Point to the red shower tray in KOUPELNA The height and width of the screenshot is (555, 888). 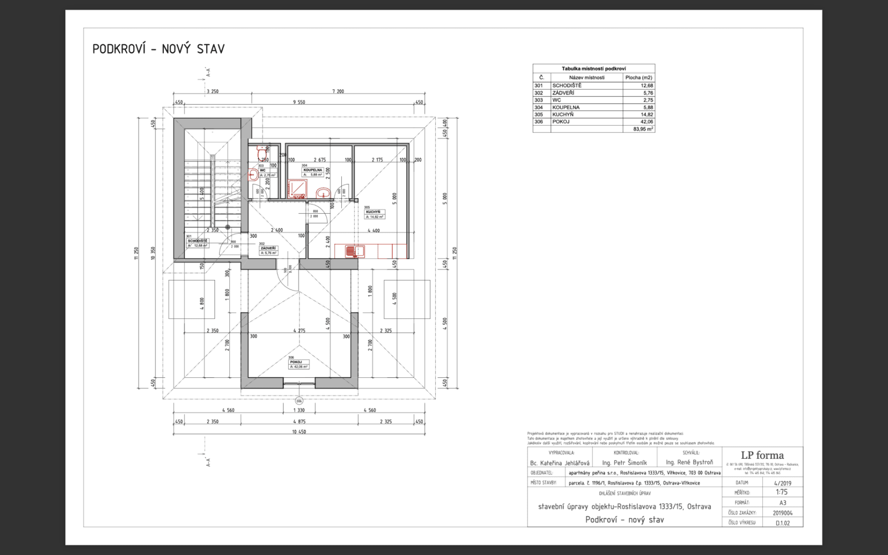297,189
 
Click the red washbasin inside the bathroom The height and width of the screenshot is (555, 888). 323,192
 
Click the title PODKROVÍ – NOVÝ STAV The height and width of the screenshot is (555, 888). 158,49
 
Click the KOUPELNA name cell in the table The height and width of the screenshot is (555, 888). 566,107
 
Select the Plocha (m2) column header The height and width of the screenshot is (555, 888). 638,77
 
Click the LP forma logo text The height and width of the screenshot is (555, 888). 762,455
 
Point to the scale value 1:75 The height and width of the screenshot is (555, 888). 781,492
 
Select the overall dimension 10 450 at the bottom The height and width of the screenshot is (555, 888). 299,432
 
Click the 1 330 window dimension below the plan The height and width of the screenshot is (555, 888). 299,410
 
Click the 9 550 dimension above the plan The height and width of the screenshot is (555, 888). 299,102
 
